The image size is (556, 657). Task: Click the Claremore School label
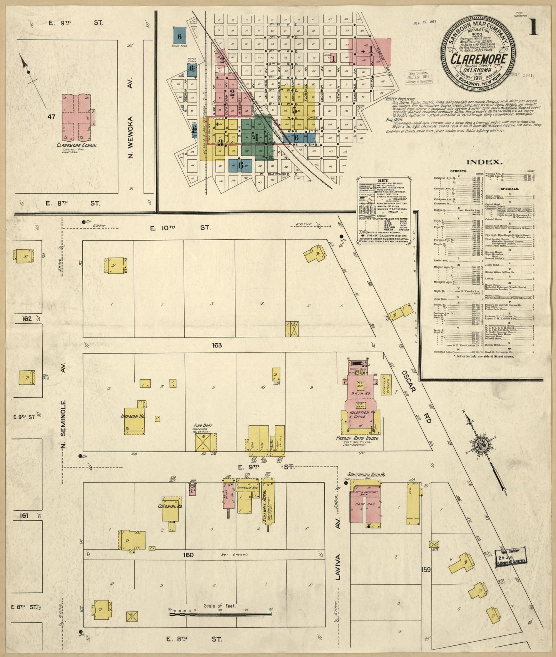click(77, 145)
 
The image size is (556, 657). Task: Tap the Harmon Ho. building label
click(132, 416)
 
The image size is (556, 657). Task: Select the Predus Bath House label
click(357, 438)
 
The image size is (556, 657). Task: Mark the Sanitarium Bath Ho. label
click(366, 475)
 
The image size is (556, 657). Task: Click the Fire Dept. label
click(203, 426)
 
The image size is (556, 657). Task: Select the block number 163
click(217, 345)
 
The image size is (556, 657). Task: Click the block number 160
click(188, 555)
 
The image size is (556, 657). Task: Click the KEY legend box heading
click(383, 180)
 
